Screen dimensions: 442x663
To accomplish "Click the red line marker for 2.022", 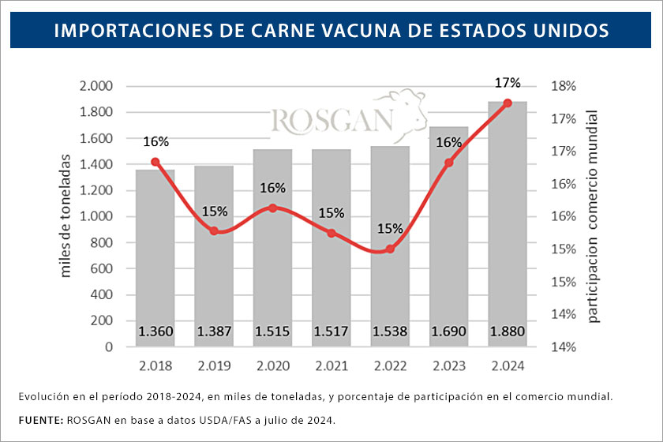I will coord(390,249).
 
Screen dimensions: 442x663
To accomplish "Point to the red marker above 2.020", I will coord(273,208).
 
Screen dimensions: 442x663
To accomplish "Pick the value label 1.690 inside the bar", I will coord(448,331).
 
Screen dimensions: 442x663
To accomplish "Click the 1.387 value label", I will coord(214,331).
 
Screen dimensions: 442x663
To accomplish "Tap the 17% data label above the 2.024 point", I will coord(508,83).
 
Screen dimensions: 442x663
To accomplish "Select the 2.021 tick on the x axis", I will coord(331,367).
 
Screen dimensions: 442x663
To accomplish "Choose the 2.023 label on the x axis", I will coord(448,367).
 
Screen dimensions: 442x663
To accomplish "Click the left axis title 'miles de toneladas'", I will coord(66,215).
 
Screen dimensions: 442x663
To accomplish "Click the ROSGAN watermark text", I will coord(331,121).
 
